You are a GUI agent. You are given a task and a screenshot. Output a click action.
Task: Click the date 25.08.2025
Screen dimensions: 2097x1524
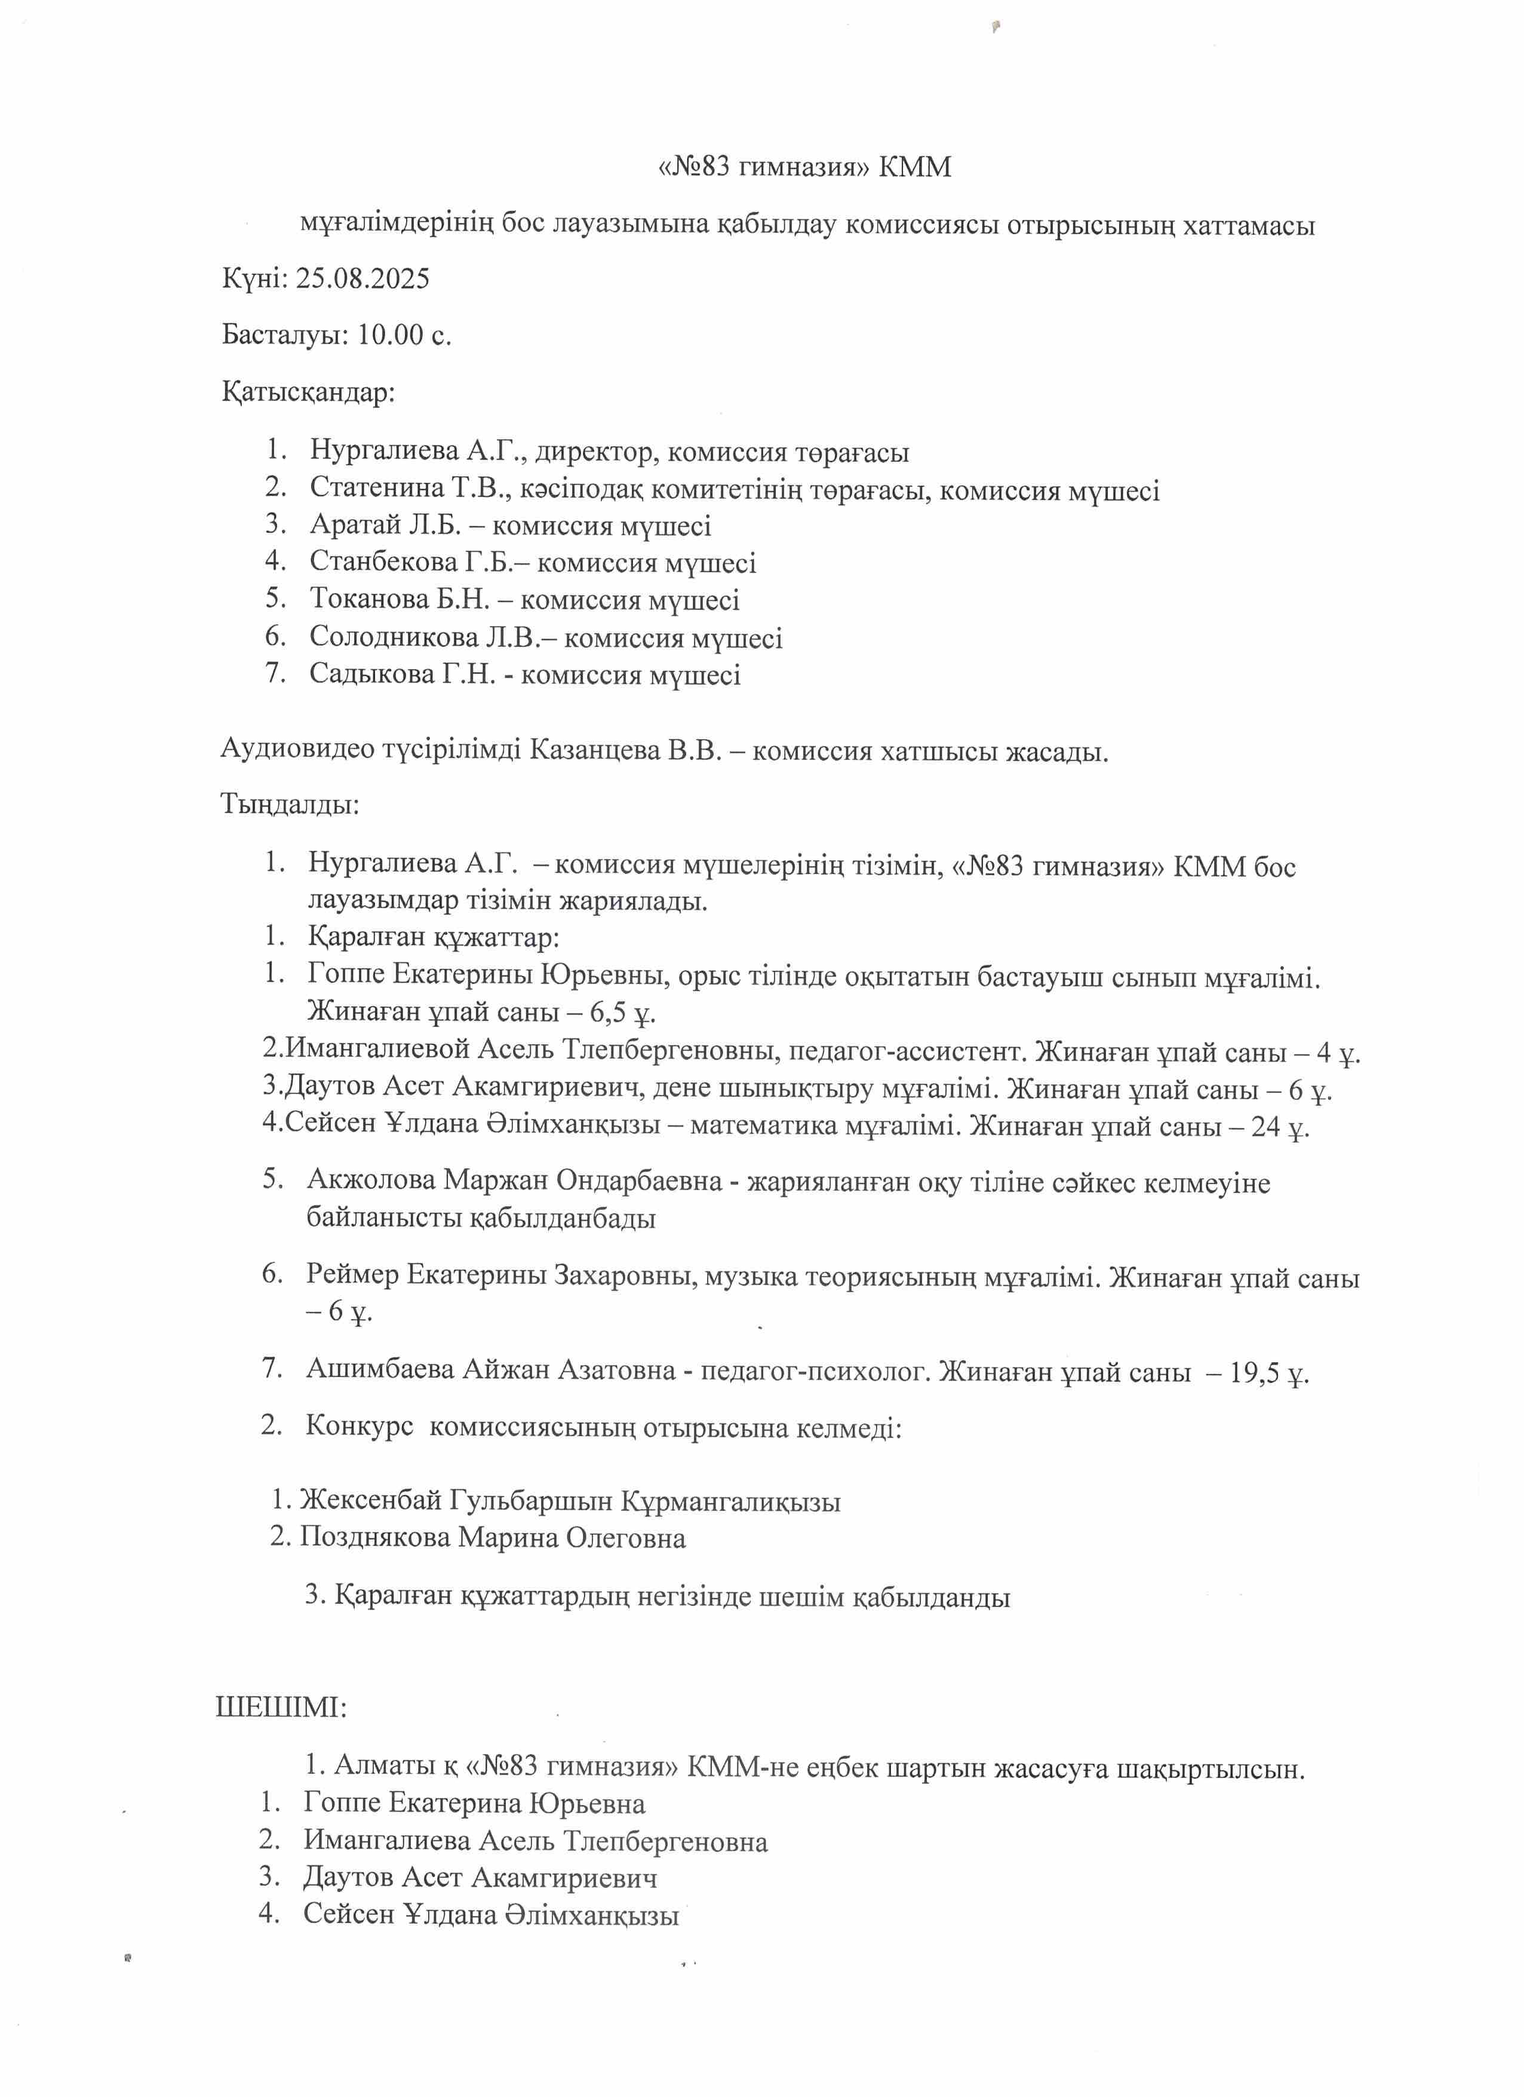tap(362, 279)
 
